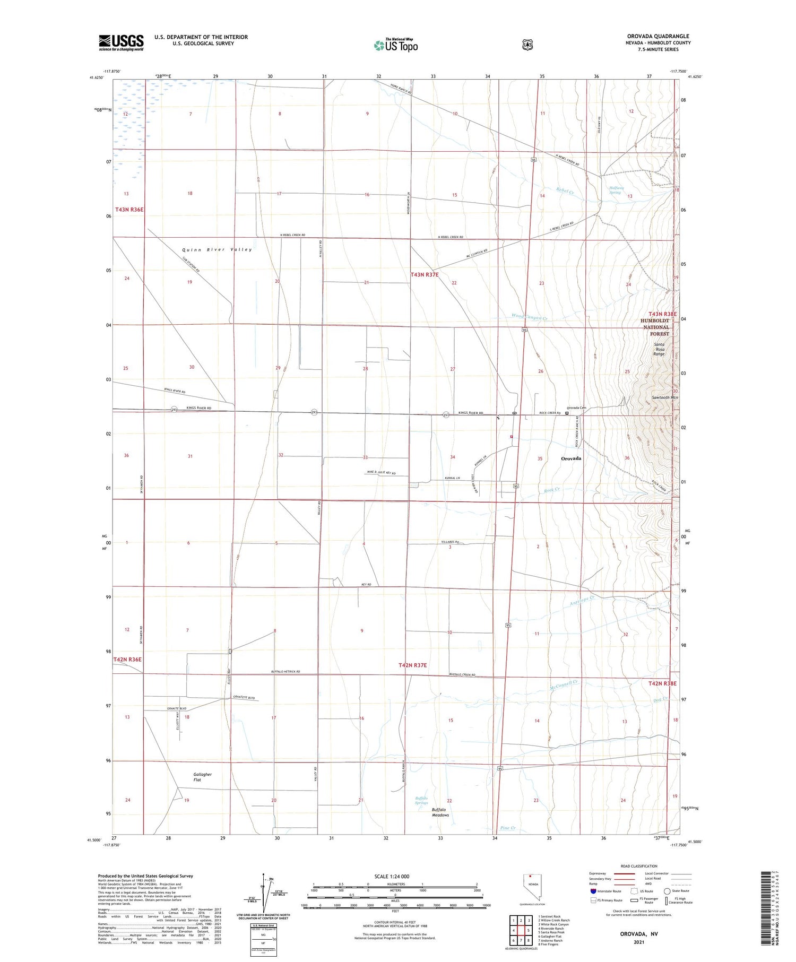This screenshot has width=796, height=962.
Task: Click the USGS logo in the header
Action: tap(121, 42)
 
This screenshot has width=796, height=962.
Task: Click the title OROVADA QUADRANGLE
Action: tap(658, 36)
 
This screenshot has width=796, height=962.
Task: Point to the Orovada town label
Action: tap(571, 458)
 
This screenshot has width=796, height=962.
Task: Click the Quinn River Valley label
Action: tap(217, 249)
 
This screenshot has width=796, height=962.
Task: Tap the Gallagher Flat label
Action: tap(202, 777)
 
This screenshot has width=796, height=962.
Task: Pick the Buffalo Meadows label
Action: tap(440, 812)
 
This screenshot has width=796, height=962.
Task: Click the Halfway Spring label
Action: tap(616, 190)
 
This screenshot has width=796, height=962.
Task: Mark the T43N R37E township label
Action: tap(425, 275)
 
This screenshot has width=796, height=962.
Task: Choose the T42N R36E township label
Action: tap(127, 659)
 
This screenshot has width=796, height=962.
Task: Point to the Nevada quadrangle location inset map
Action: tap(533, 887)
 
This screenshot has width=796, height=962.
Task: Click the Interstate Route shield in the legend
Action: tap(593, 891)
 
